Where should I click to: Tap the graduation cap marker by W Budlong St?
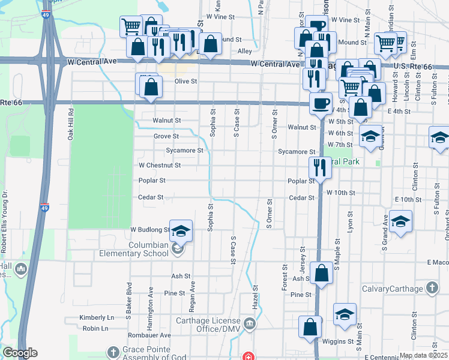(181, 231)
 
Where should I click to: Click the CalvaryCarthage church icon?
(431, 289)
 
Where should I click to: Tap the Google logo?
(20, 353)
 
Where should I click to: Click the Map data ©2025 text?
(423, 355)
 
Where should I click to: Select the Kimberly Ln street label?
(97, 317)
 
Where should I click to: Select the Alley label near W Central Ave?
(244, 52)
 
